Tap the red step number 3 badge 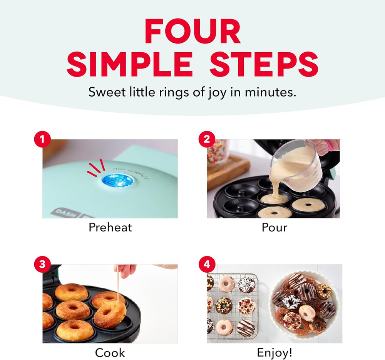pyautogui.click(x=42, y=265)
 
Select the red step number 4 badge pyautogui.click(x=207, y=265)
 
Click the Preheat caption pyautogui.click(x=110, y=227)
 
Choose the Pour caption pyautogui.click(x=274, y=227)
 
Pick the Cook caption pyautogui.click(x=110, y=352)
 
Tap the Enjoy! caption pyautogui.click(x=274, y=352)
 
